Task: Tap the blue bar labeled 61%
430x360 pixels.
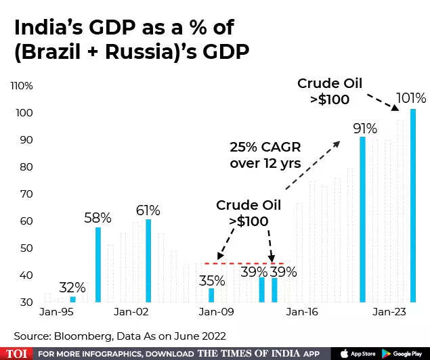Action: coord(148,260)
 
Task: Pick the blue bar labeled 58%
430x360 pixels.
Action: coord(98,264)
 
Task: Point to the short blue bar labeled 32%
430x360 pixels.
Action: coord(73,298)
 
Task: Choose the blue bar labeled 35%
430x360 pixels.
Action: coord(211,294)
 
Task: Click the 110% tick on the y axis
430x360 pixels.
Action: coord(22,86)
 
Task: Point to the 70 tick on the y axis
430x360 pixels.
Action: coord(26,194)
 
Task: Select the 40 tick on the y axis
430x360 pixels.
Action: coord(26,275)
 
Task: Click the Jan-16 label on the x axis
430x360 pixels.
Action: coord(302,313)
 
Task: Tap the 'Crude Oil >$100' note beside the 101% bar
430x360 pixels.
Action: coord(330,91)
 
